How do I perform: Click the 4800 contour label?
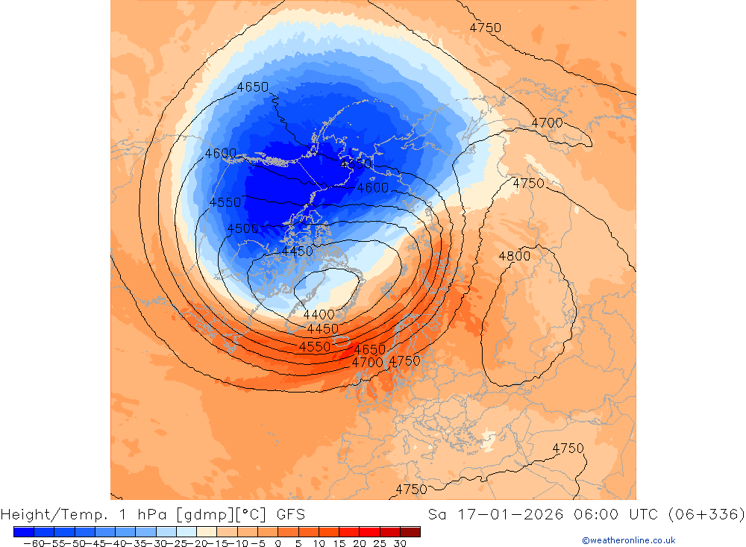[x=514, y=257]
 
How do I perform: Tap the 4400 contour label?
[x=319, y=315]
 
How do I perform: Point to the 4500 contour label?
[x=242, y=229]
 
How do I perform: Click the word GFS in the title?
[x=290, y=514]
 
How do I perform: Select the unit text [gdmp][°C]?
[x=222, y=514]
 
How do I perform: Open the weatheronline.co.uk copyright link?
[x=628, y=540]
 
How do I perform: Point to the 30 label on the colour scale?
[x=401, y=543]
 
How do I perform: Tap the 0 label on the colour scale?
[x=278, y=543]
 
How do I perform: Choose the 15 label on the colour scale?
[x=339, y=543]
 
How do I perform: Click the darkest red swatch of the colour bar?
[x=410, y=531]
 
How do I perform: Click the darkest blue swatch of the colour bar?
[x=23, y=531]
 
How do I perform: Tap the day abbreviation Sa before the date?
[x=438, y=514]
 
